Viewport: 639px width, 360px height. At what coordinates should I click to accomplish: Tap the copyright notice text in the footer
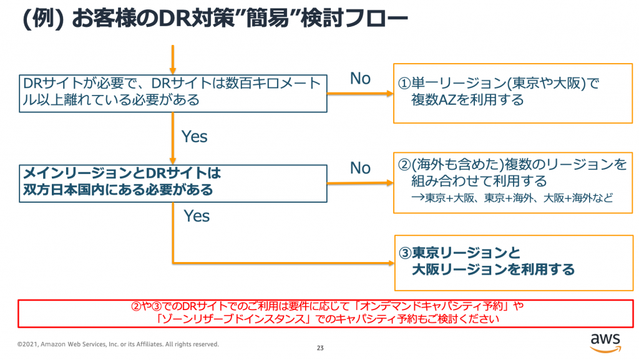click(x=118, y=344)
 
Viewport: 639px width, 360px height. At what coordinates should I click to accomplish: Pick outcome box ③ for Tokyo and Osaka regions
click(x=513, y=262)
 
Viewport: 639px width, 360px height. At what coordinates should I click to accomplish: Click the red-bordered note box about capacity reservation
click(x=319, y=313)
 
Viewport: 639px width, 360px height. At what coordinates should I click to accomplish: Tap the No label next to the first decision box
click(x=360, y=79)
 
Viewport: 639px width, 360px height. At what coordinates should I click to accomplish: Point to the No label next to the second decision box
click(x=360, y=168)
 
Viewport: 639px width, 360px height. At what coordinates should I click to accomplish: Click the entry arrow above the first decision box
click(x=172, y=59)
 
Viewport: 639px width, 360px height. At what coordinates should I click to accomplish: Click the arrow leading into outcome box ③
click(x=281, y=262)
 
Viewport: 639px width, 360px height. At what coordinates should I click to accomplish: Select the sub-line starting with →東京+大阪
click(x=511, y=198)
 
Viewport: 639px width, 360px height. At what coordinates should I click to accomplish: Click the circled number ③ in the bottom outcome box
click(x=405, y=254)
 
